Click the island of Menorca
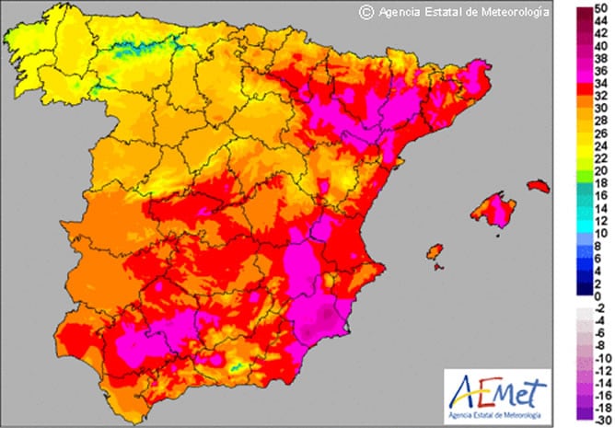coord(538,187)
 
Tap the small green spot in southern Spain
coord(236,367)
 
